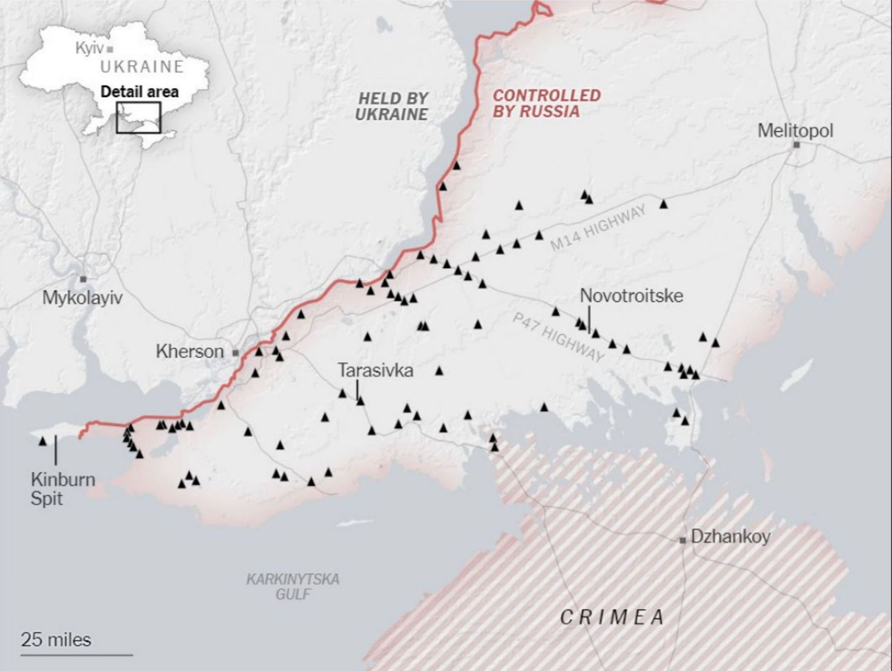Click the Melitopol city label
[x=795, y=131]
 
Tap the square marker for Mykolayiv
[x=83, y=279]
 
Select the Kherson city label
[x=190, y=352]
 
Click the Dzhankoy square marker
[x=683, y=540]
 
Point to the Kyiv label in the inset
[x=90, y=48]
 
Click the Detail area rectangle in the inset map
[x=139, y=117]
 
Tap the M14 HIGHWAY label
[x=598, y=228]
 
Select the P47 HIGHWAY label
[x=558, y=338]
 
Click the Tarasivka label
[x=375, y=370]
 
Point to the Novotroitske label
[x=631, y=296]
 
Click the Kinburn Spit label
[x=62, y=489]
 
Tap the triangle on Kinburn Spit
[x=43, y=442]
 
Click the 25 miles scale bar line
[x=77, y=655]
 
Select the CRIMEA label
[x=612, y=617]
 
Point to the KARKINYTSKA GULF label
[x=293, y=587]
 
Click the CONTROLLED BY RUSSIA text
[x=546, y=103]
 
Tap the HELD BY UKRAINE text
[x=392, y=106]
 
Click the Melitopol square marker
[x=796, y=145]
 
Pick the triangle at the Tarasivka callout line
[x=361, y=401]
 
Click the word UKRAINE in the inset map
[x=142, y=67]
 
